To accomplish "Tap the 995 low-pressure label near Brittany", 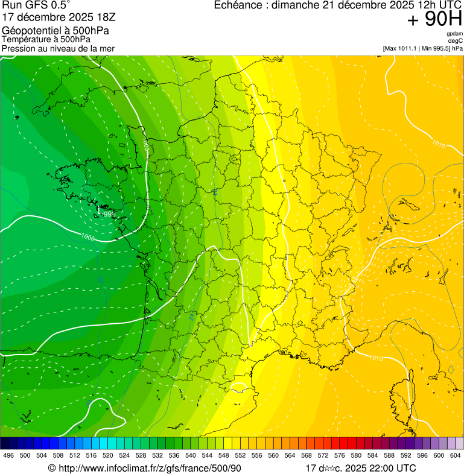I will coord(107,213).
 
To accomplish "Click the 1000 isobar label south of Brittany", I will coord(88,238).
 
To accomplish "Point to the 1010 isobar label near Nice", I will coord(375,358).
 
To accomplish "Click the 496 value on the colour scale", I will coord(8,455).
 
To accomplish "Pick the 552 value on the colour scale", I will coord(240,455).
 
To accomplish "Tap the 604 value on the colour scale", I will coord(455,455).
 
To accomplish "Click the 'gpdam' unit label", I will coord(454,34).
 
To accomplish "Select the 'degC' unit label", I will coord(456,40).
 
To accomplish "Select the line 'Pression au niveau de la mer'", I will coord(58,48).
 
